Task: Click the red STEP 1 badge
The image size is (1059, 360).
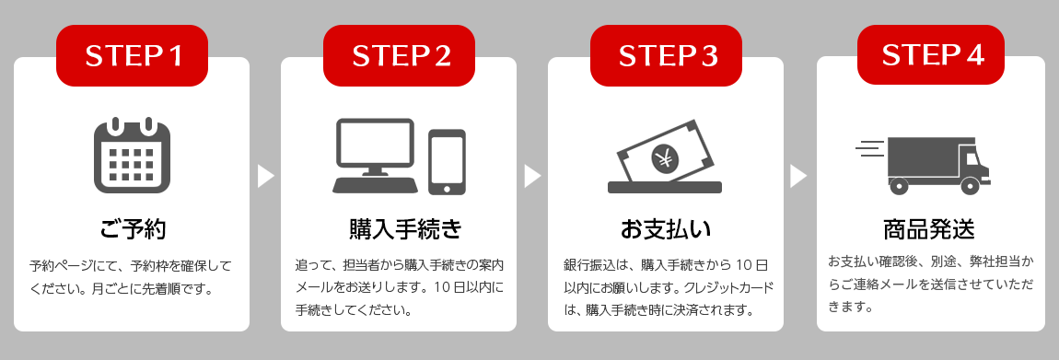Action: (132, 55)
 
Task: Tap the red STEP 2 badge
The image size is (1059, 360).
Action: (399, 55)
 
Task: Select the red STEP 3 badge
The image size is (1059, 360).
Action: (666, 55)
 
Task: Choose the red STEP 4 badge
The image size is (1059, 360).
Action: (931, 54)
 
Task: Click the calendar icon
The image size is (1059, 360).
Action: (132, 155)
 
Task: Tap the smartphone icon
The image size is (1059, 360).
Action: (448, 162)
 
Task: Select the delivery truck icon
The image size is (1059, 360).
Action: (923, 166)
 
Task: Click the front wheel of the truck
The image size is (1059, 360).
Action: (970, 186)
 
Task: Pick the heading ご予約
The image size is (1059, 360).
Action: (132, 230)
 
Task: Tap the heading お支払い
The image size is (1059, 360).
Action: (666, 230)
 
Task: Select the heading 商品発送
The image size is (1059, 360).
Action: (929, 230)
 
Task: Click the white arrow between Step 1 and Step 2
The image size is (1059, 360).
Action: (265, 176)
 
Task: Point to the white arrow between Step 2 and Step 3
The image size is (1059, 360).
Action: (532, 176)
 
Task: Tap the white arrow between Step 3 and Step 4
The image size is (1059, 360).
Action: (798, 176)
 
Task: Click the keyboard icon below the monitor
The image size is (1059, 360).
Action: (375, 186)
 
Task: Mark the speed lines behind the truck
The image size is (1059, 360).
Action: (870, 148)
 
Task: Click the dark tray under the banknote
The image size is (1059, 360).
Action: (665, 187)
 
